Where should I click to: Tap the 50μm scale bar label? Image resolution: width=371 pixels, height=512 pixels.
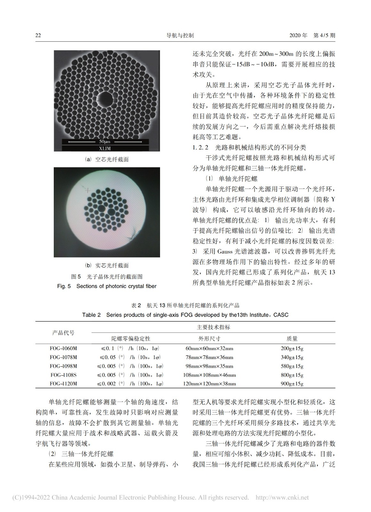104,141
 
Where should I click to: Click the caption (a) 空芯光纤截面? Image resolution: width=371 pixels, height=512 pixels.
107,159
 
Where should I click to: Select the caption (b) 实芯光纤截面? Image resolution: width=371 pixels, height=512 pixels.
107,265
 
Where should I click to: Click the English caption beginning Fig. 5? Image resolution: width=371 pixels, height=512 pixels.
107,286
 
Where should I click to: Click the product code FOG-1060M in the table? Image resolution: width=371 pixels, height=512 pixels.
63,348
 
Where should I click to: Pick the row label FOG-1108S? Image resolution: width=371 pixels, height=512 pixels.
63,375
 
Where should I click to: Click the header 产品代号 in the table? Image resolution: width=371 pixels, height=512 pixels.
63,333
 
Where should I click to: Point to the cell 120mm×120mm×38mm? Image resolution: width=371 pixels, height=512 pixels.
209,384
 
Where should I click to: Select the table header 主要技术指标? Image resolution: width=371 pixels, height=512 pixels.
213,327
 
